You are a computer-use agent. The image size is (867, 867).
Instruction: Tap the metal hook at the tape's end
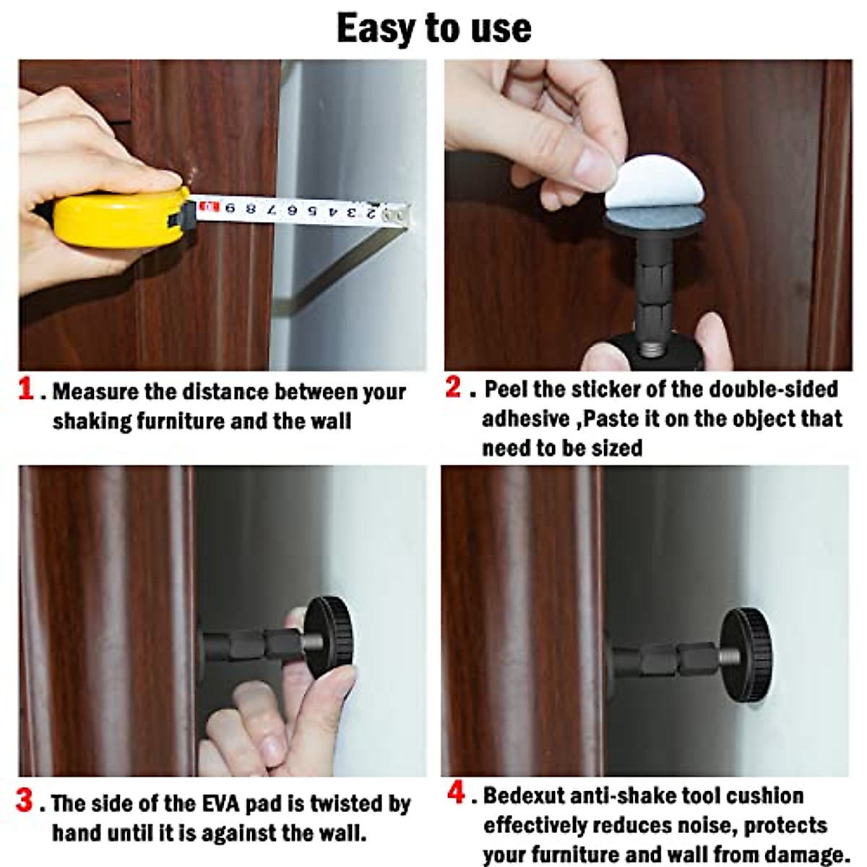pyautogui.click(x=400, y=215)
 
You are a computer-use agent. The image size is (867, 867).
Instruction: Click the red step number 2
pyautogui.click(x=453, y=387)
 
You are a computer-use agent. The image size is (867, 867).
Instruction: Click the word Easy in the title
pyautogui.click(x=376, y=29)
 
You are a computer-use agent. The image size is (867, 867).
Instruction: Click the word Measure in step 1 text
pyautogui.click(x=96, y=392)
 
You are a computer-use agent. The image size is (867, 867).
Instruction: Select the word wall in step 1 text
pyautogui.click(x=332, y=421)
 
